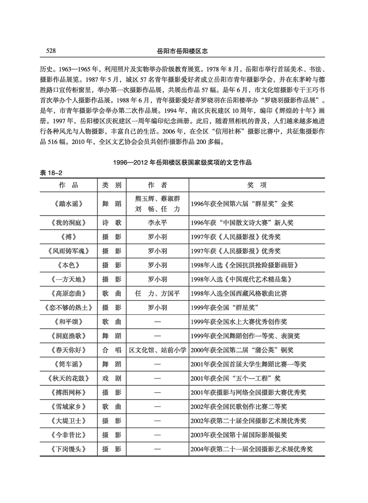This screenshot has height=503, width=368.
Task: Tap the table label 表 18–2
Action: point(51,173)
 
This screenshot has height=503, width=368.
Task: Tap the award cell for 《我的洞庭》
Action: point(242,223)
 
